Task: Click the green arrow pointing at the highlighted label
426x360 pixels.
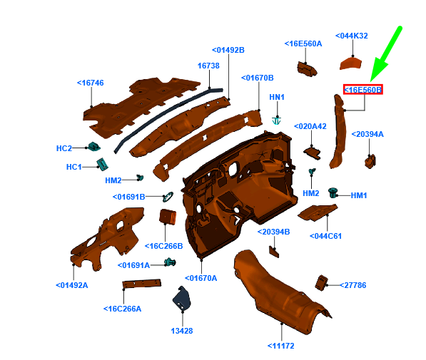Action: pos(386,53)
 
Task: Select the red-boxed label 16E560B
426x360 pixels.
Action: pos(363,89)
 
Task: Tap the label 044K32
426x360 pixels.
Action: pos(352,36)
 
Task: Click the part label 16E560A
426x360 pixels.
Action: pos(303,43)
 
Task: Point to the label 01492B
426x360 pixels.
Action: pos(228,50)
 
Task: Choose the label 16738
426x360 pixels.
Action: pos(208,66)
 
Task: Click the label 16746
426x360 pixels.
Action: pos(91,83)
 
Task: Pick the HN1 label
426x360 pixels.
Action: pos(277,97)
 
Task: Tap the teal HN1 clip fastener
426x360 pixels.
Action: pos(276,120)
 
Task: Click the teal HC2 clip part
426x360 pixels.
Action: pos(94,147)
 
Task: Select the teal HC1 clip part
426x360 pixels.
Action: pos(102,164)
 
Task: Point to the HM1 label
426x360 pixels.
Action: pos(359,195)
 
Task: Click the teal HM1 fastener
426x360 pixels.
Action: pos(333,192)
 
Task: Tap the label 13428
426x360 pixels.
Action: pos(182,331)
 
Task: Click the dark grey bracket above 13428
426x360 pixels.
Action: pos(182,298)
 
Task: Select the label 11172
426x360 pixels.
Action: pos(281,346)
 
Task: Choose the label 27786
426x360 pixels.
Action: pos(353,285)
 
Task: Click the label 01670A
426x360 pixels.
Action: pos(201,278)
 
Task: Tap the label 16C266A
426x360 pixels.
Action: pos(122,309)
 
